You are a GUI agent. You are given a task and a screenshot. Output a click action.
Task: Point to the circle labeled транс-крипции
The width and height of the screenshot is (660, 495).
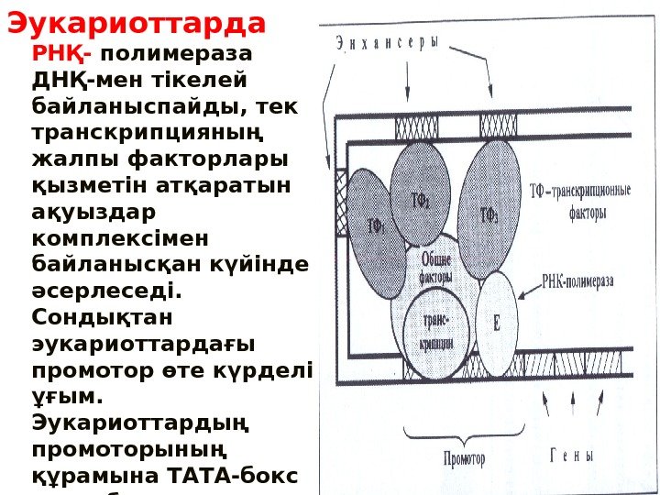(x=434, y=330)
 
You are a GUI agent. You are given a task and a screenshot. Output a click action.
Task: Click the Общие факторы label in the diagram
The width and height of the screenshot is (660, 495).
(x=434, y=268)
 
